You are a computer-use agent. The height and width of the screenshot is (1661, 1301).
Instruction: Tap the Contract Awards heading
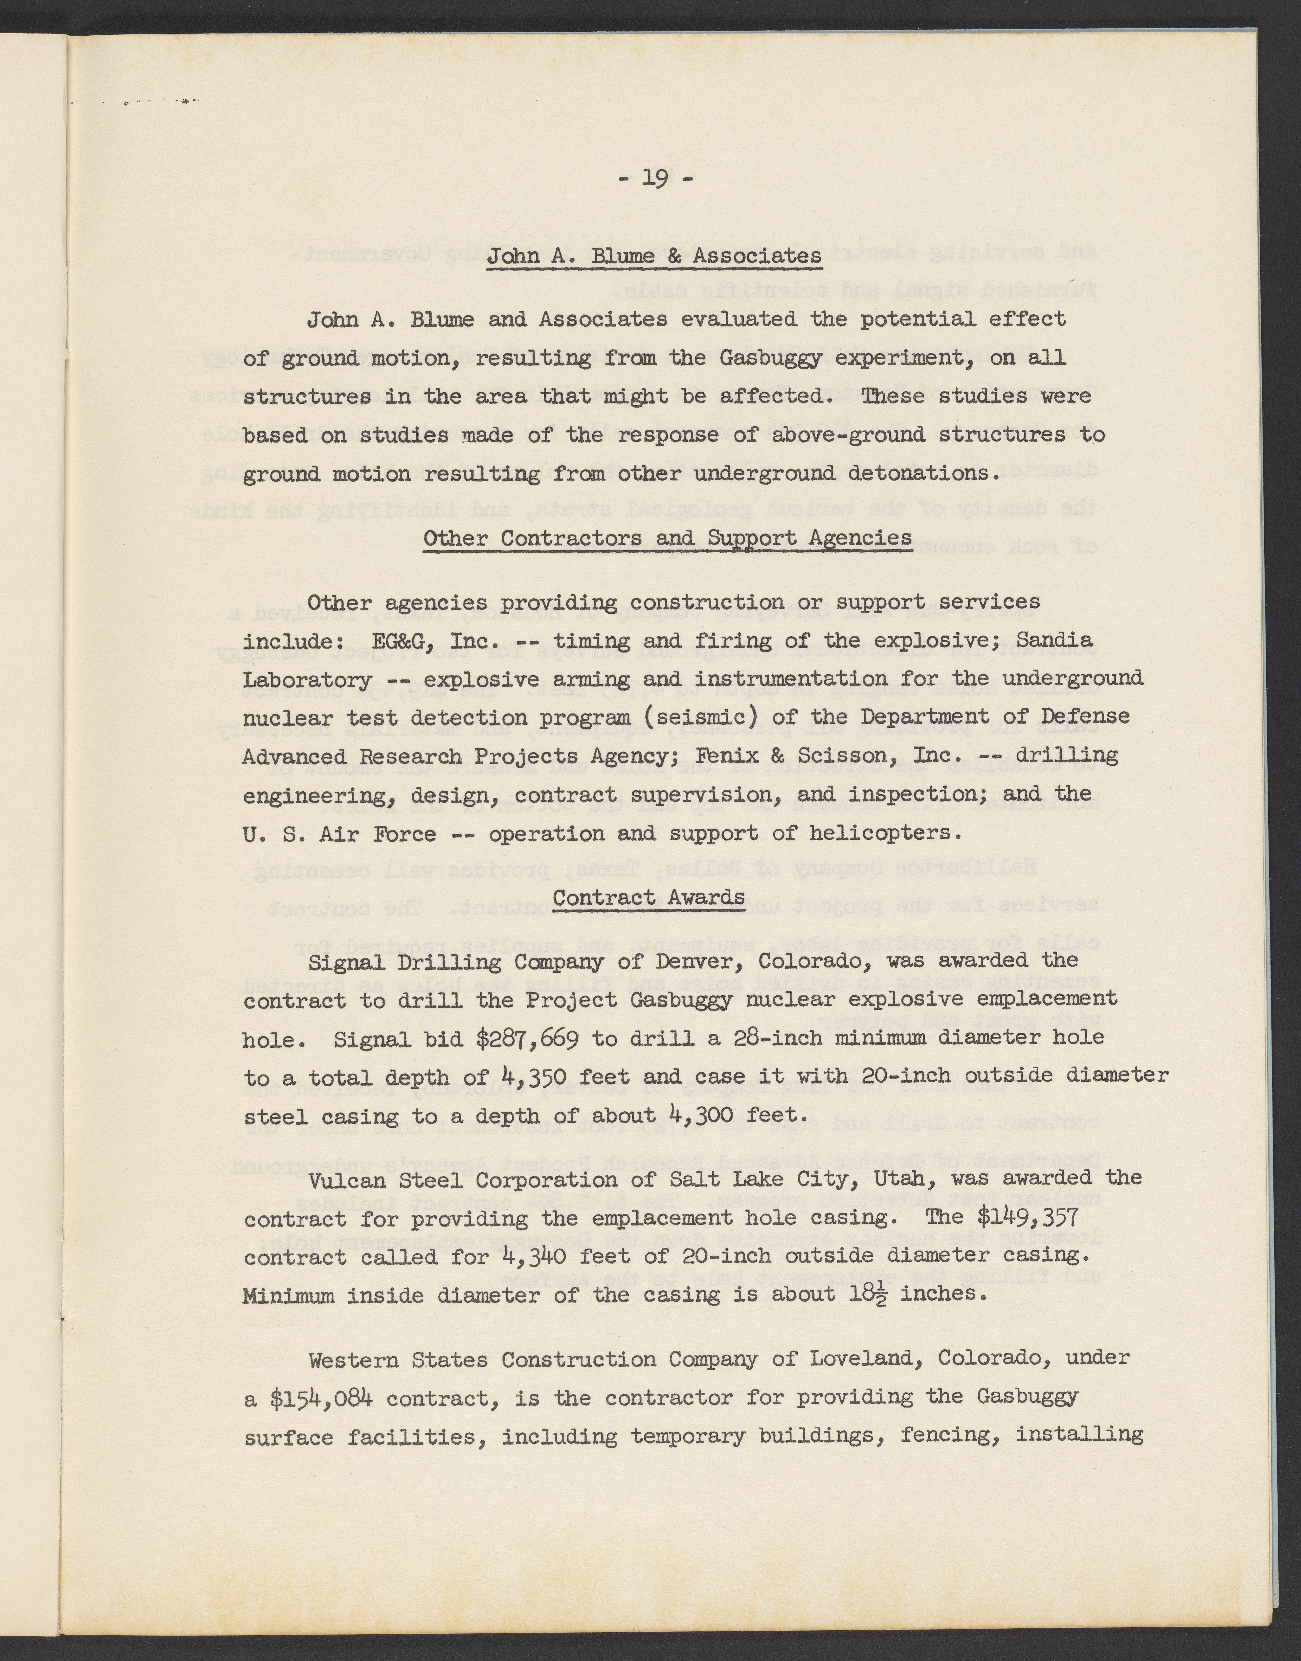[x=648, y=898]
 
